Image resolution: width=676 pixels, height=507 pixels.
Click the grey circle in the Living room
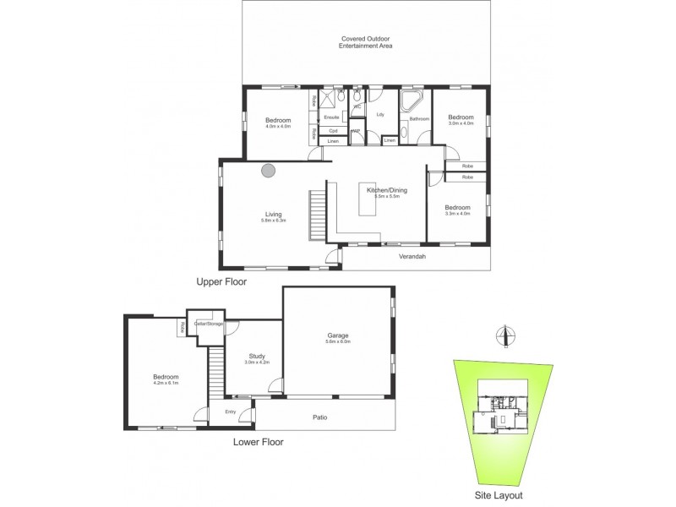269,170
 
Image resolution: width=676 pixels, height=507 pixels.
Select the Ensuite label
332,117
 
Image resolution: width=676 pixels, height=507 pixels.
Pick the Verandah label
411,253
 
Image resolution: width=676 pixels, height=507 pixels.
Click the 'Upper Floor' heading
221,282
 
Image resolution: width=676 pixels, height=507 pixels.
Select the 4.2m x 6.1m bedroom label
165,379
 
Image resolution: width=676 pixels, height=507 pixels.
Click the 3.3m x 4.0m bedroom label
457,210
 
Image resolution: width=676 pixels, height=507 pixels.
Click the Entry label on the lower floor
230,412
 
